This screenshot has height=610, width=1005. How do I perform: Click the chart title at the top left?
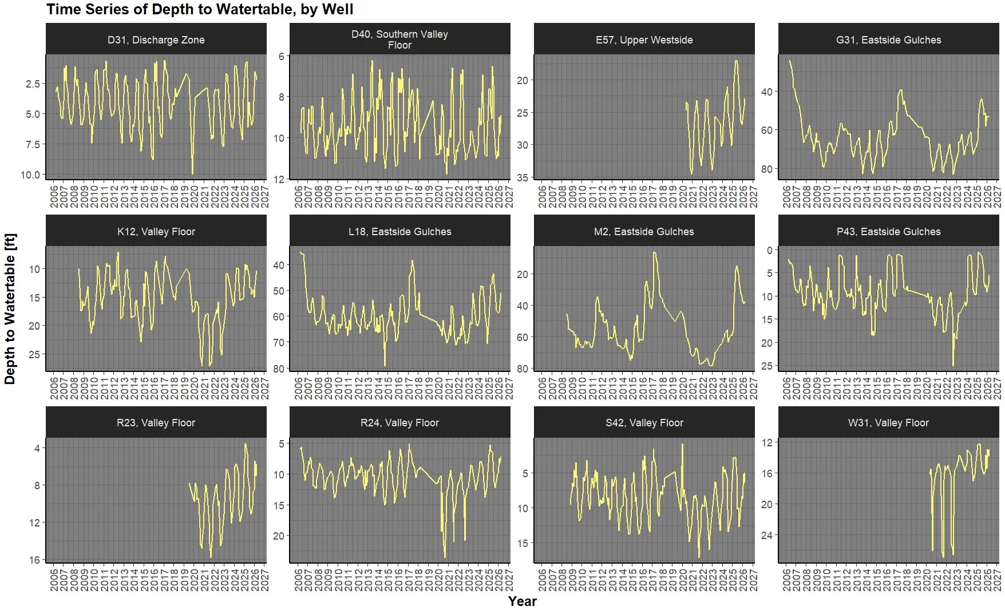(200, 10)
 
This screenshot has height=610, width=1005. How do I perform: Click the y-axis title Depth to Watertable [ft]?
(10, 309)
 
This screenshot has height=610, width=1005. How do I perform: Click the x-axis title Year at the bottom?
(522, 601)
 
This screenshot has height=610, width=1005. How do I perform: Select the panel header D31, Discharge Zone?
(156, 39)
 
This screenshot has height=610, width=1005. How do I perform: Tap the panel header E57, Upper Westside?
(644, 39)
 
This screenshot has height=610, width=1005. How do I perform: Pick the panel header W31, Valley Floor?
(888, 423)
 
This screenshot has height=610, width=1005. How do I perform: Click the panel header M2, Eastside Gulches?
(644, 231)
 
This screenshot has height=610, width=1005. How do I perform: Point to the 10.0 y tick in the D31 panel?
(30, 175)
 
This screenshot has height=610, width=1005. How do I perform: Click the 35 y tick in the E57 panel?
(523, 177)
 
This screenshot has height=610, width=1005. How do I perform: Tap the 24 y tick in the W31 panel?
(767, 535)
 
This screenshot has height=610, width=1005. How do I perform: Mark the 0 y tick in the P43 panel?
(770, 250)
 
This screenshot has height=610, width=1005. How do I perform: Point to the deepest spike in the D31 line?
(192, 173)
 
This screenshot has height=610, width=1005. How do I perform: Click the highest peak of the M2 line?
(654, 253)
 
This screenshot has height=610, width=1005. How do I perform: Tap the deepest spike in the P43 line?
(953, 365)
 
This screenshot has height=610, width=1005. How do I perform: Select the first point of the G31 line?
(790, 61)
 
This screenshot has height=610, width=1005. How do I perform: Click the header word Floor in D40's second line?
(399, 45)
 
